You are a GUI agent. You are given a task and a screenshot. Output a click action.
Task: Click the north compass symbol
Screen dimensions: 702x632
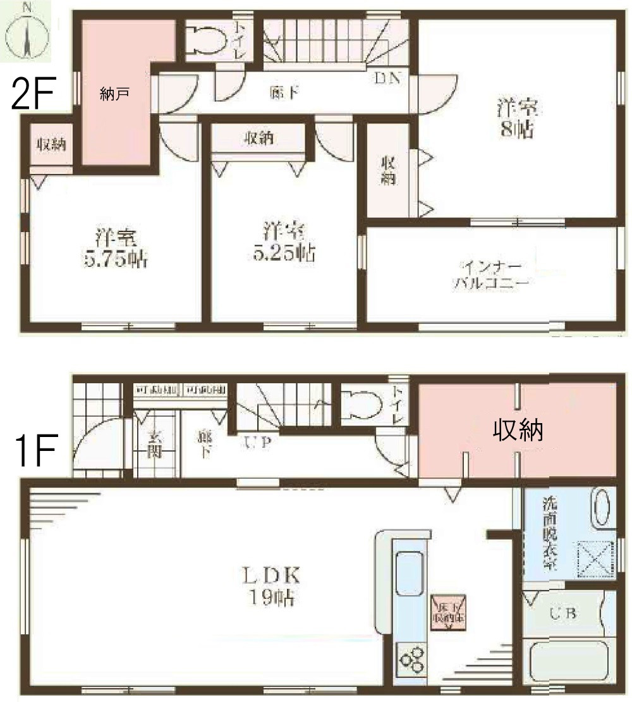(27, 32)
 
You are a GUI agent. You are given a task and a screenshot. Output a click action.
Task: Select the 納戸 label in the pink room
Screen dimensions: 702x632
(114, 94)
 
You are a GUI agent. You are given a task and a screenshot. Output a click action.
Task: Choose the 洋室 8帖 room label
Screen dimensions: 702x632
(517, 118)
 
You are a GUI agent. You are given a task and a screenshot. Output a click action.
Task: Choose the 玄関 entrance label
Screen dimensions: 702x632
(155, 443)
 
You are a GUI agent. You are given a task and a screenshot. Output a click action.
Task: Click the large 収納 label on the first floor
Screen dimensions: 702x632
(518, 431)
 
